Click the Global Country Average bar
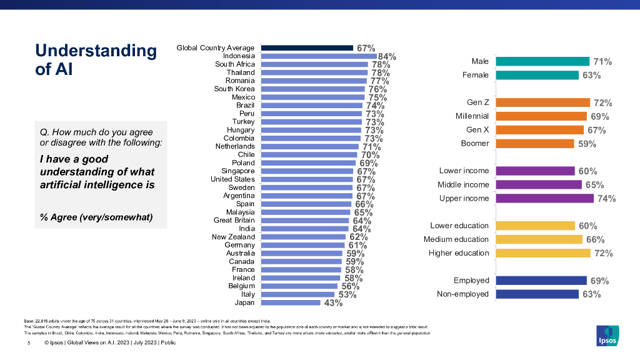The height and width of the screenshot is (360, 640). pos(307,47)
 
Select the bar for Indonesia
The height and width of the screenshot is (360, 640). pos(318,56)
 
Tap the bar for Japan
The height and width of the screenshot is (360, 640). pos(290,302)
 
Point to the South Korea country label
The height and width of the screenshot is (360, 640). pos(234,89)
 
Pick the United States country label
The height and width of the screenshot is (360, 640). pos(232,179)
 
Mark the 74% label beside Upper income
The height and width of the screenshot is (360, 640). pos(606,199)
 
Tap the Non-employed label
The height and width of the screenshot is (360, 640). pos(463,294)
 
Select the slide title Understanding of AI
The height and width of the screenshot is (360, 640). pos(96,59)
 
